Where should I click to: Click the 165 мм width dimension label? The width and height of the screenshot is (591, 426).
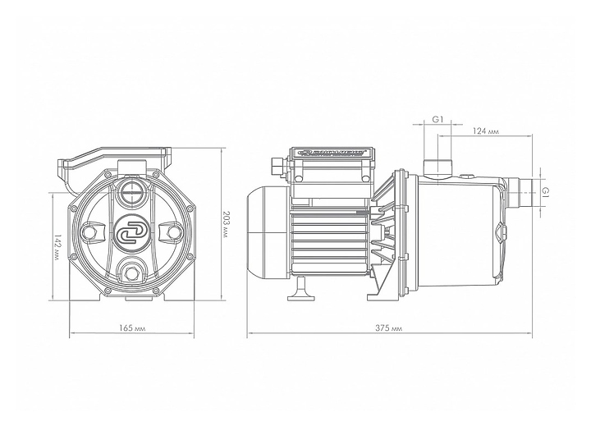132,328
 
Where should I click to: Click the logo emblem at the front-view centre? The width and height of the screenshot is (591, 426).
131,231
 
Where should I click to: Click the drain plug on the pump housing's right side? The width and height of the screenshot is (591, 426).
500,228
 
